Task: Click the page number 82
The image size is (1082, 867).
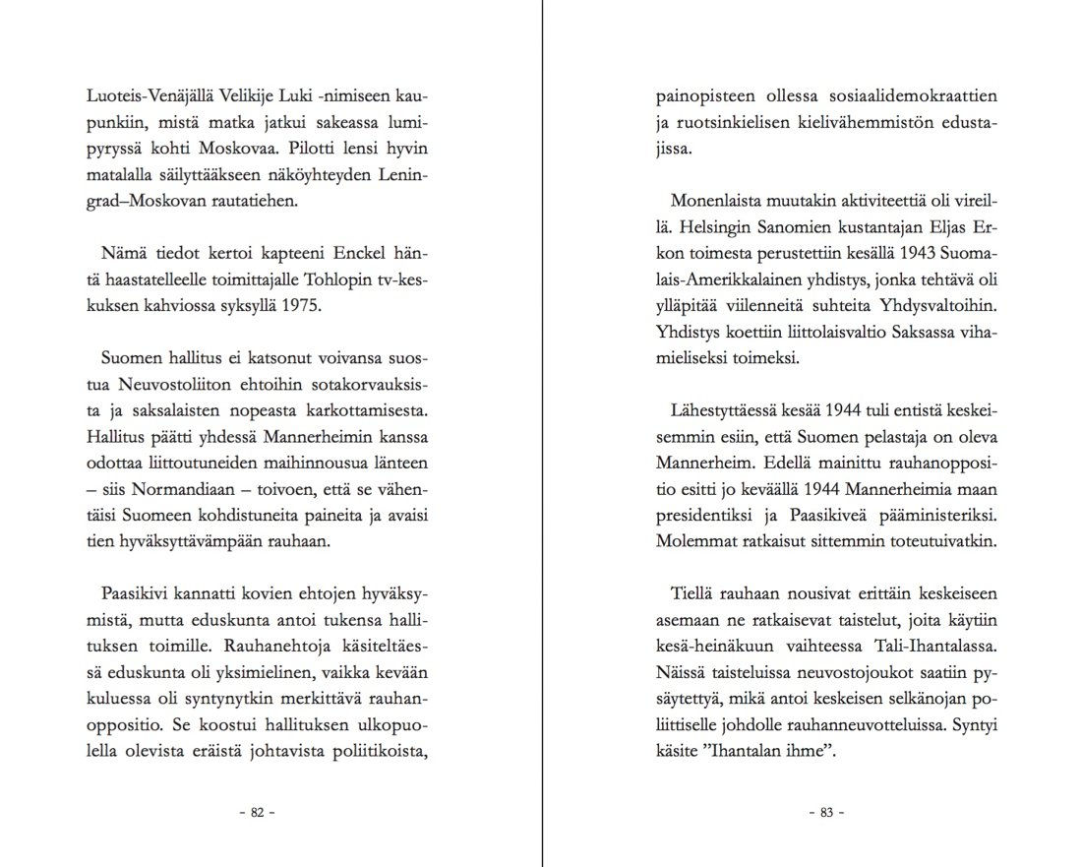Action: (x=258, y=813)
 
